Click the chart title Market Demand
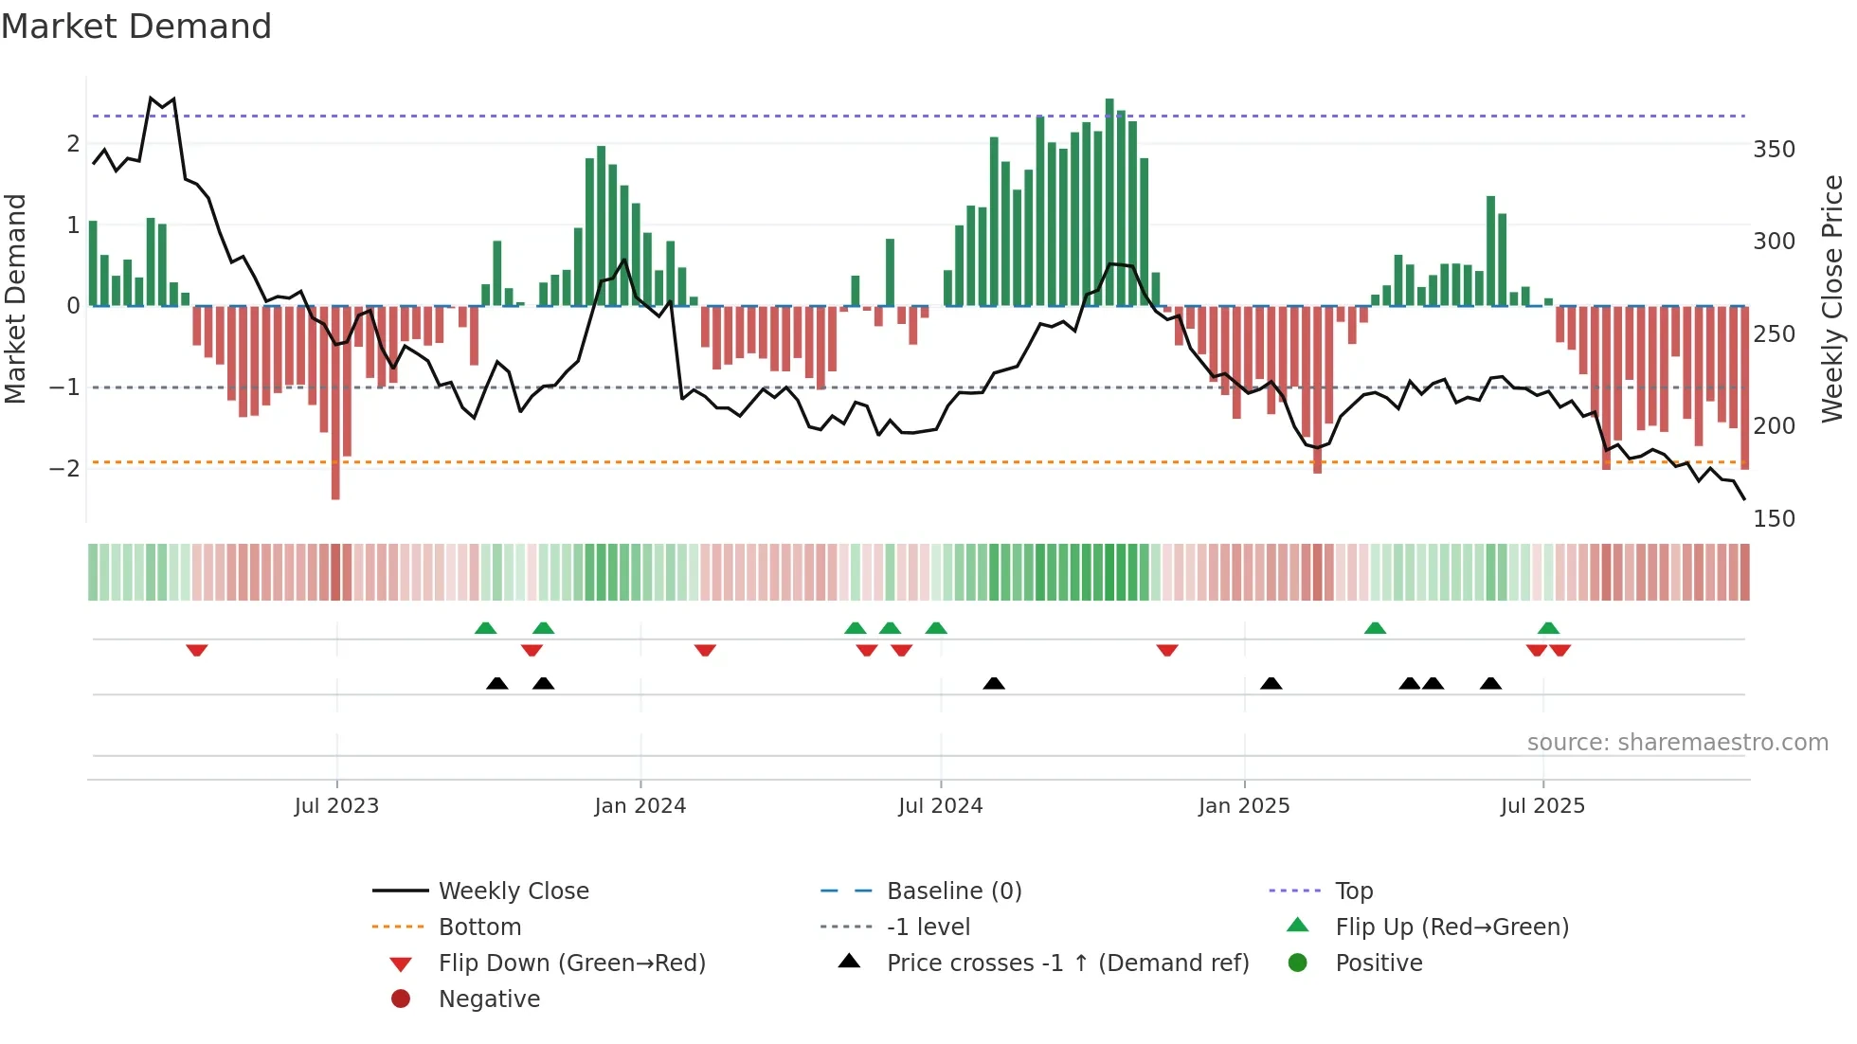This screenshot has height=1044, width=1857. [x=136, y=27]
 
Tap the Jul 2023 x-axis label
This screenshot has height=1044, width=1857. [x=336, y=806]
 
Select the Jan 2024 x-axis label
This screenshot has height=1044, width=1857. [x=640, y=806]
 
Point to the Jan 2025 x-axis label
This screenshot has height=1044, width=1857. [x=1243, y=806]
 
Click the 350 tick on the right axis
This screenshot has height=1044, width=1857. [x=1774, y=150]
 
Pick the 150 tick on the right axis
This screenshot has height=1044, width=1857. [x=1774, y=519]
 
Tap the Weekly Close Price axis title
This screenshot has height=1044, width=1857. [x=1832, y=298]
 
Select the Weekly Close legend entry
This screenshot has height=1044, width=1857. [x=513, y=891]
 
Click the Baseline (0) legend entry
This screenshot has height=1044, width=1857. [x=953, y=891]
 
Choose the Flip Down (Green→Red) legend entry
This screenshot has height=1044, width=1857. [x=571, y=963]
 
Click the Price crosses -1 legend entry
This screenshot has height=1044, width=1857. [x=1067, y=963]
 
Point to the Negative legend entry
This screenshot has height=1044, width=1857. [x=488, y=999]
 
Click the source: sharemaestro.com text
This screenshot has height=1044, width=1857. [x=1677, y=743]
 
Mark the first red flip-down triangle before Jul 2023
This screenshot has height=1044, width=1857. [x=197, y=650]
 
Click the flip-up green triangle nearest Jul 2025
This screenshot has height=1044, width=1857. [x=1548, y=628]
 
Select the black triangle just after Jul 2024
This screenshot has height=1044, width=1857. [x=993, y=683]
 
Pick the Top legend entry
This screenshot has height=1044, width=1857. [x=1353, y=891]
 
